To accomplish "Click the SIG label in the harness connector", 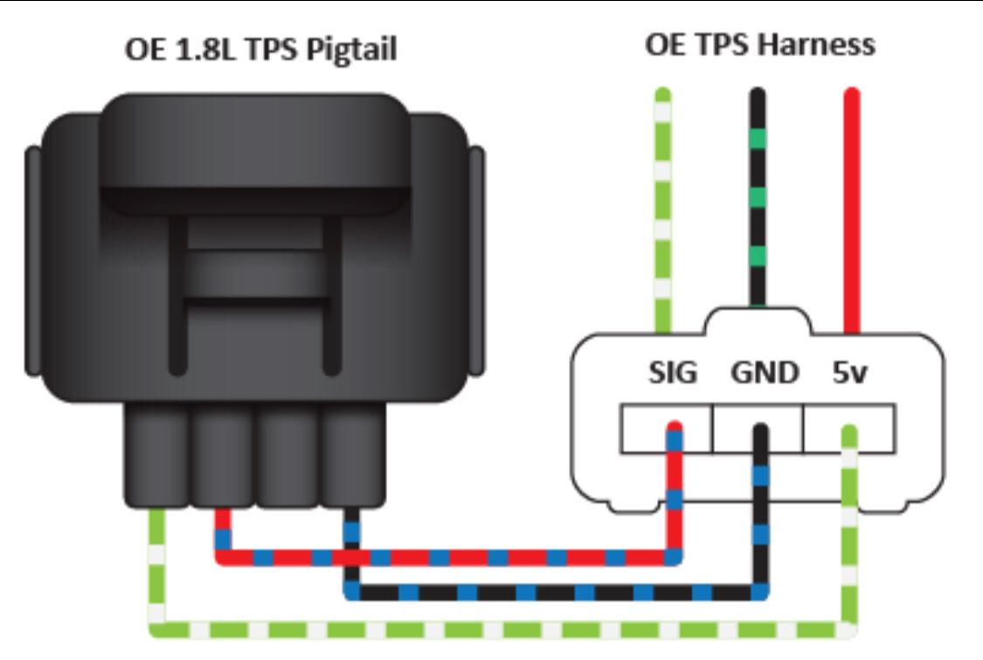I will [674, 373].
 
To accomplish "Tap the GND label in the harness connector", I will [764, 373].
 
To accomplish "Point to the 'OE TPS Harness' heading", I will [759, 45].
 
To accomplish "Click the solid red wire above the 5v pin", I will [851, 210].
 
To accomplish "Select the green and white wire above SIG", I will [664, 210].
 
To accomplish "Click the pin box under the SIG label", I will [666, 429].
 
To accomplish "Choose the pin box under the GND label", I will [757, 429].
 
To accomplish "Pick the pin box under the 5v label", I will [848, 429].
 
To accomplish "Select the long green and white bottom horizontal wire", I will [498, 629].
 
